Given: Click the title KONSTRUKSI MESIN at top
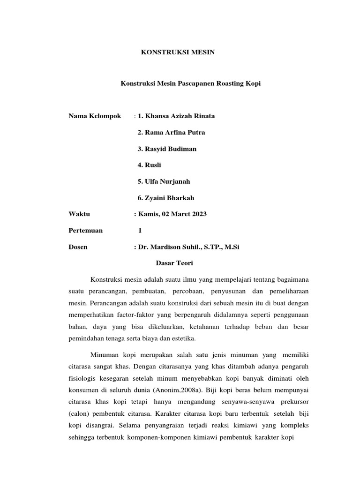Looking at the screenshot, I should (178, 52).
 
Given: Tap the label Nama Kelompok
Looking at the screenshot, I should (95, 116).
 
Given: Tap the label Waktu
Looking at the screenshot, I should (79, 214).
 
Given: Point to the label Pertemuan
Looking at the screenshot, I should (86, 230).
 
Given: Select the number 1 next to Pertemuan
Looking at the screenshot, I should (140, 230).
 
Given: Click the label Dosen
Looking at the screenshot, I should (78, 247).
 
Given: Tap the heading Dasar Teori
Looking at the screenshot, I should (174, 263).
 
